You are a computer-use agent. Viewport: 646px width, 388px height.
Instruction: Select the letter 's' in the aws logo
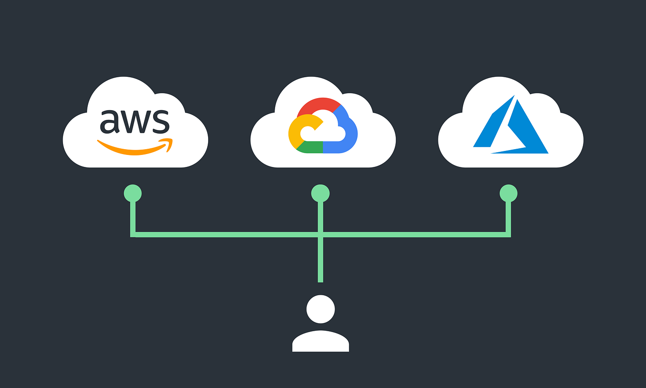[160, 122]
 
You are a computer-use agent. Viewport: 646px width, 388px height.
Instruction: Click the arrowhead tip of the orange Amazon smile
[170, 141]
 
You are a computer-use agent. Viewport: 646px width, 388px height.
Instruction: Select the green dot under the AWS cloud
[133, 194]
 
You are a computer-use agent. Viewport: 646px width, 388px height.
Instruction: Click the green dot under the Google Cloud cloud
[320, 194]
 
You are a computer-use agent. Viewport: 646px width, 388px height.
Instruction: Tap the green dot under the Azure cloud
[508, 194]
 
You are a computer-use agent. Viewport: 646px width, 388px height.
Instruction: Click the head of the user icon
[320, 309]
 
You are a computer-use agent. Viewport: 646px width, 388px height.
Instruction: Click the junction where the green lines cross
[320, 234]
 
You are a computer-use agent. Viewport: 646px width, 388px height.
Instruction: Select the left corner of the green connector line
[133, 234]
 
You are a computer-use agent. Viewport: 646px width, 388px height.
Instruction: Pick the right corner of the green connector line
[508, 234]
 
